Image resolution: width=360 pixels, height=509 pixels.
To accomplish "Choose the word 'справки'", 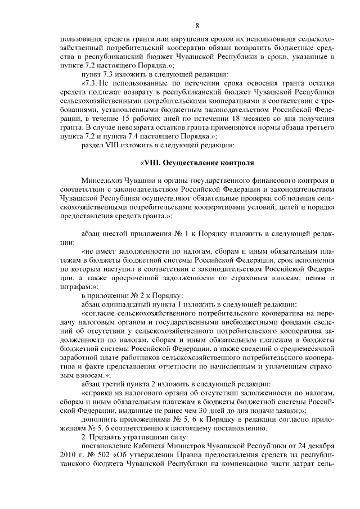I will [x=98, y=391].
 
